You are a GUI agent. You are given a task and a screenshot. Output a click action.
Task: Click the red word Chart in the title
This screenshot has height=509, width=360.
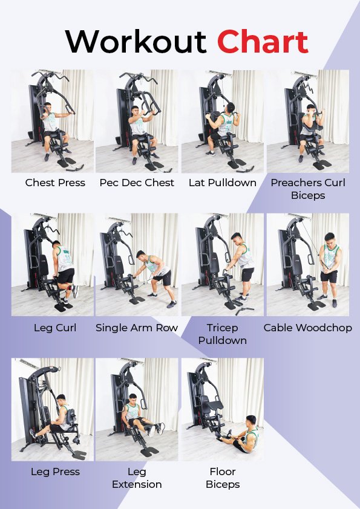[263, 42]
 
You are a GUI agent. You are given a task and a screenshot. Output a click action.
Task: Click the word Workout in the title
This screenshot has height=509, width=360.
[136, 42]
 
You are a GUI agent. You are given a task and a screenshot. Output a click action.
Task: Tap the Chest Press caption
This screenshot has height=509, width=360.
[55, 183]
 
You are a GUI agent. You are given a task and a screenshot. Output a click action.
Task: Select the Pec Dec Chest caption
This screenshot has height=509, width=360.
[137, 183]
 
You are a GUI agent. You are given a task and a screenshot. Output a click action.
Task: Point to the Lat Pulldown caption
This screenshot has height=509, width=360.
[223, 183]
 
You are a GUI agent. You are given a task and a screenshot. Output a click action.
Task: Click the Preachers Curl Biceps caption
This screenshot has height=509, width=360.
[308, 189]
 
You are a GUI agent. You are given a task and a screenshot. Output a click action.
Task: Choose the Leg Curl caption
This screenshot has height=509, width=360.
[55, 328]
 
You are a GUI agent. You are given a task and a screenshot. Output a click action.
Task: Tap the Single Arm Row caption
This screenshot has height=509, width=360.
[137, 328]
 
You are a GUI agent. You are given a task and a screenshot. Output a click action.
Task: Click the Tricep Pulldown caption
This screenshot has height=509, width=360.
[223, 334]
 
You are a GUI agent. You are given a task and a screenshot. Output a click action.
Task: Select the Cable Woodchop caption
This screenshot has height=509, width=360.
[308, 328]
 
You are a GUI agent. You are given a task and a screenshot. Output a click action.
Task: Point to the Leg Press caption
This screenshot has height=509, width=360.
[55, 472]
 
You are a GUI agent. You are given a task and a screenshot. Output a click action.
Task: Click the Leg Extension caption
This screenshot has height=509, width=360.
[137, 478]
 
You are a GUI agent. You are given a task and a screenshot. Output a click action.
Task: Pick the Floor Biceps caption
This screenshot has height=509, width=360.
[223, 478]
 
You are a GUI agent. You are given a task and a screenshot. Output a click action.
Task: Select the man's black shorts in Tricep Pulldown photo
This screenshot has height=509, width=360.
[247, 274]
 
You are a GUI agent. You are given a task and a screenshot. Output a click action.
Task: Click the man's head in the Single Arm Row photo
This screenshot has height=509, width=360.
[141, 256]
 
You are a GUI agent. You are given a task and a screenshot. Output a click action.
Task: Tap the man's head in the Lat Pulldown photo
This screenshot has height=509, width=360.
[231, 108]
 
